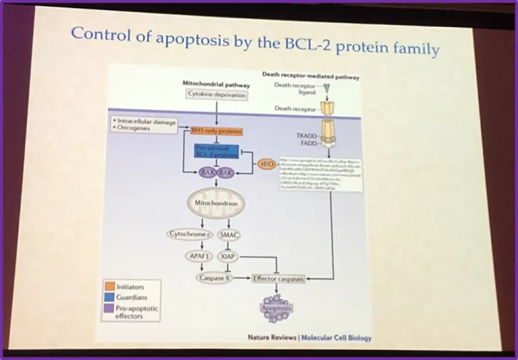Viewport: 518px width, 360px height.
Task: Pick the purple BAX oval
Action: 208,172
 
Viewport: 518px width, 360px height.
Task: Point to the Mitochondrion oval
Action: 216,204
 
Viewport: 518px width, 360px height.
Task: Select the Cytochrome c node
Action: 188,234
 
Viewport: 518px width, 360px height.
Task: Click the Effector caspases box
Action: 278,279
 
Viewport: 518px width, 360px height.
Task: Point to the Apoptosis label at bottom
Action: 276,309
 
